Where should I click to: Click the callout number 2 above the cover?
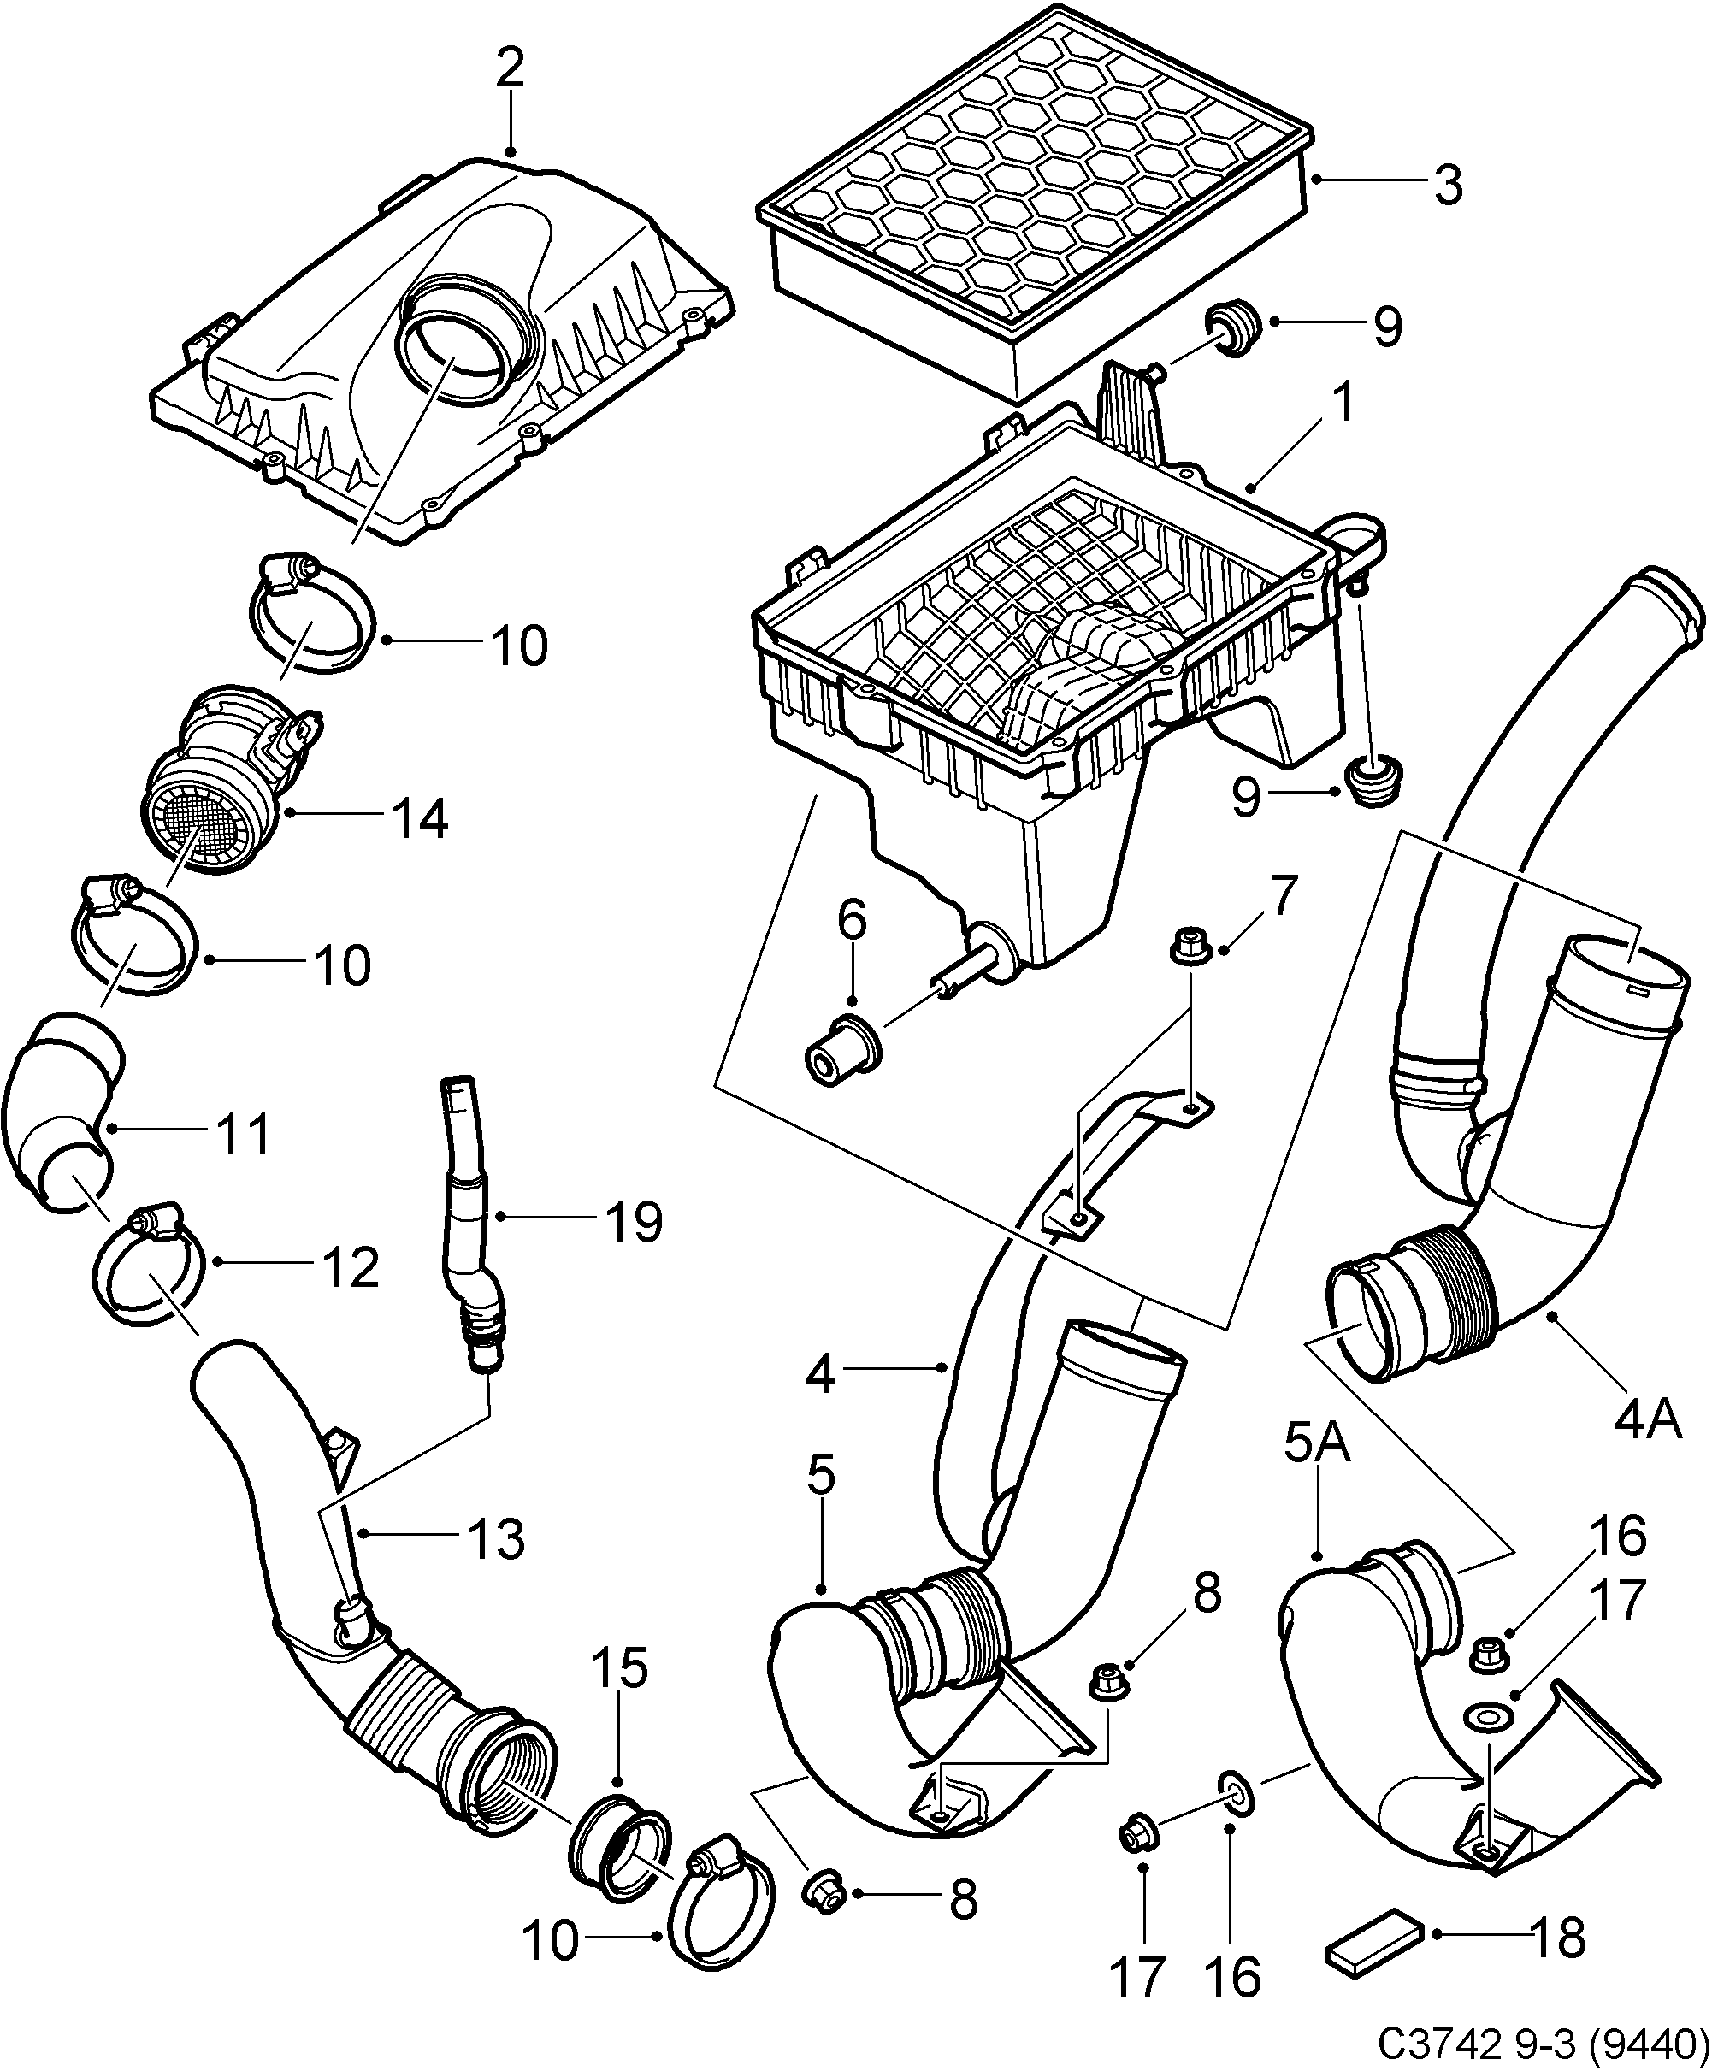pyautogui.click(x=510, y=70)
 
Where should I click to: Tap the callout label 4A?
pyautogui.click(x=1647, y=1421)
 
